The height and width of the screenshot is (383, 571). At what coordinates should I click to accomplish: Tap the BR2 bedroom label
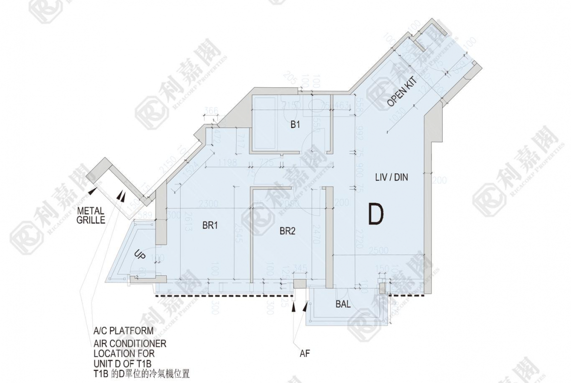(x=287, y=231)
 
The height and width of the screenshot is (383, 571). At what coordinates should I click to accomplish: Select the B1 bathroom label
(x=295, y=125)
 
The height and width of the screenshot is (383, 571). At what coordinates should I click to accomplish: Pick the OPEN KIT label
(x=404, y=94)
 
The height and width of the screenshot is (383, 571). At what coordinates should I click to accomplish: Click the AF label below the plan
(x=305, y=353)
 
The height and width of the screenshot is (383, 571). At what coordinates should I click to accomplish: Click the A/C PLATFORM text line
(x=120, y=331)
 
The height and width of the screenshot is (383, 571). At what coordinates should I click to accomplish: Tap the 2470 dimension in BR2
(x=317, y=233)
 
